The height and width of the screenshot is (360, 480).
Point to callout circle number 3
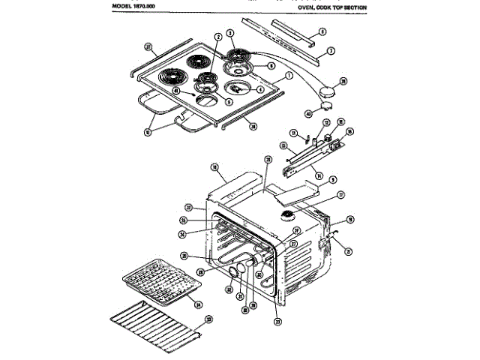click(x=231, y=33)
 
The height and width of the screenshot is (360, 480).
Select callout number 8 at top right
click(x=322, y=31)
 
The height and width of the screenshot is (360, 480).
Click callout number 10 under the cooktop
click(x=148, y=132)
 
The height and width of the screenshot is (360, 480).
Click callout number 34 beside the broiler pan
click(x=199, y=305)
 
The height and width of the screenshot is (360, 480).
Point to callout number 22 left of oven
click(x=190, y=208)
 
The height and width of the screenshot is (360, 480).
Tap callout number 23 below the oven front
click(x=278, y=323)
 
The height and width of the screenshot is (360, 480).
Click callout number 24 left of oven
click(x=182, y=233)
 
